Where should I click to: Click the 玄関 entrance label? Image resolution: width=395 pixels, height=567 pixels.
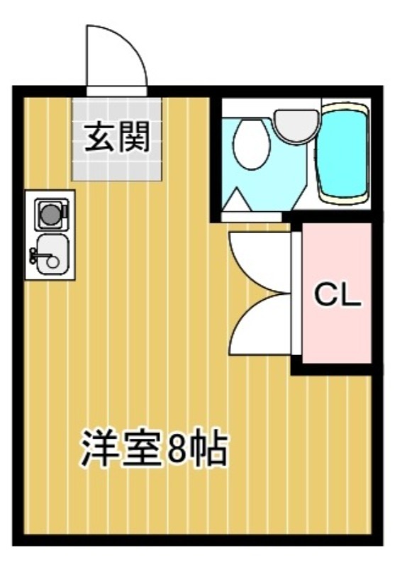pyautogui.click(x=117, y=138)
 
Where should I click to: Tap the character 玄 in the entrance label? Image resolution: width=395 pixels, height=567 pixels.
pyautogui.click(x=101, y=138)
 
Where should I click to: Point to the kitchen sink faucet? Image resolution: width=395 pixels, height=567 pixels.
pyautogui.click(x=34, y=257)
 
